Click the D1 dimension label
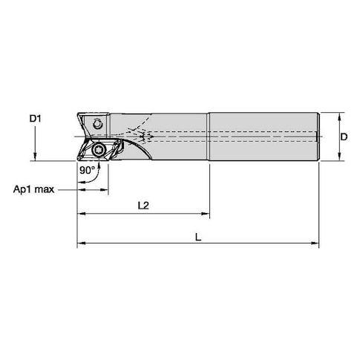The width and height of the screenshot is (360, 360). (36, 119)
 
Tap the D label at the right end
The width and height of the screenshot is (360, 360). (344, 137)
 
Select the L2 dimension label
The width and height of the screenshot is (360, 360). (143, 206)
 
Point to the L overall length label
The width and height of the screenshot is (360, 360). (198, 238)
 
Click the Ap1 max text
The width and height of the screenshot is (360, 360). (33, 189)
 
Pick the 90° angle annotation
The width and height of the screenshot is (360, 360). (87, 170)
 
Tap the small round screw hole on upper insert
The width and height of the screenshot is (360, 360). (97, 124)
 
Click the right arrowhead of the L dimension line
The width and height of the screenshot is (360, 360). (315, 243)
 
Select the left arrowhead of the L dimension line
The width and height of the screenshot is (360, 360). (82, 243)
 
